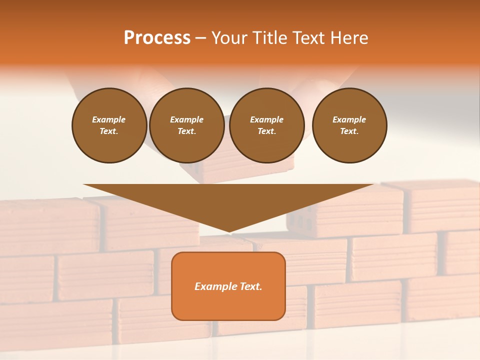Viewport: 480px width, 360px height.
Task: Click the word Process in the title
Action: click(157, 38)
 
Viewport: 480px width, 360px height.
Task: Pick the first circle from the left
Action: click(109, 125)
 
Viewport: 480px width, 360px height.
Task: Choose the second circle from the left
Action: click(186, 125)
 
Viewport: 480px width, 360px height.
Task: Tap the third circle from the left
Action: click(266, 125)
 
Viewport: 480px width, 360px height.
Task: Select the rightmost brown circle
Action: click(349, 125)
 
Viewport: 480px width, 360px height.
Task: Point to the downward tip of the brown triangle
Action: click(229, 231)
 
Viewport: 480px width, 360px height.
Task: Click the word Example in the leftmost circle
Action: click(109, 119)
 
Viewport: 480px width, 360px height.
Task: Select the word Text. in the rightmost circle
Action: click(349, 131)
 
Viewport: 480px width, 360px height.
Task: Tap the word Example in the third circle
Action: click(266, 119)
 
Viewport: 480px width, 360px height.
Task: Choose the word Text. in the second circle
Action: click(186, 131)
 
